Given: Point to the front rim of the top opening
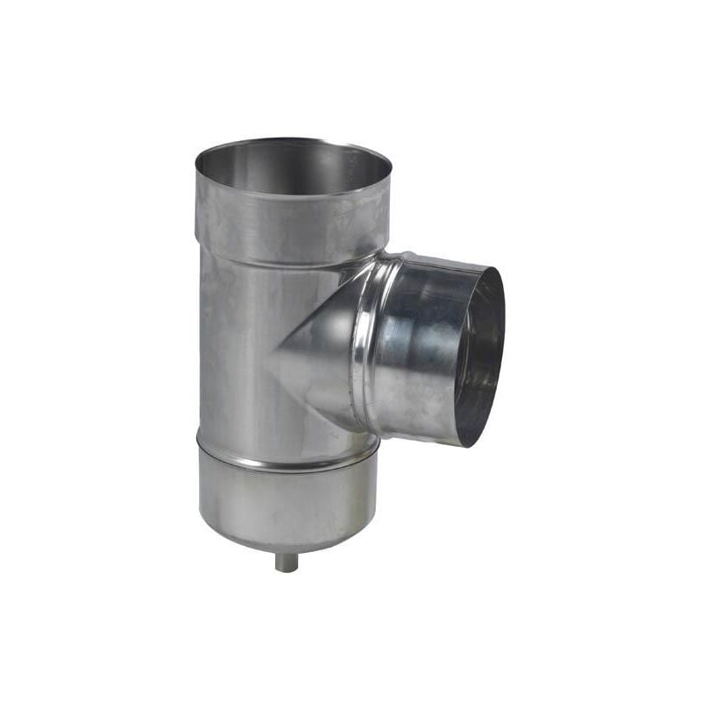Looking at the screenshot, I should coord(293,195).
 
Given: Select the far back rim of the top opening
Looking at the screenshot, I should coord(293,140).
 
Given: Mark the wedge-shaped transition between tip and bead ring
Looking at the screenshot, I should coord(320,350).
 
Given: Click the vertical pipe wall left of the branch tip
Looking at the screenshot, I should coord(232,359).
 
